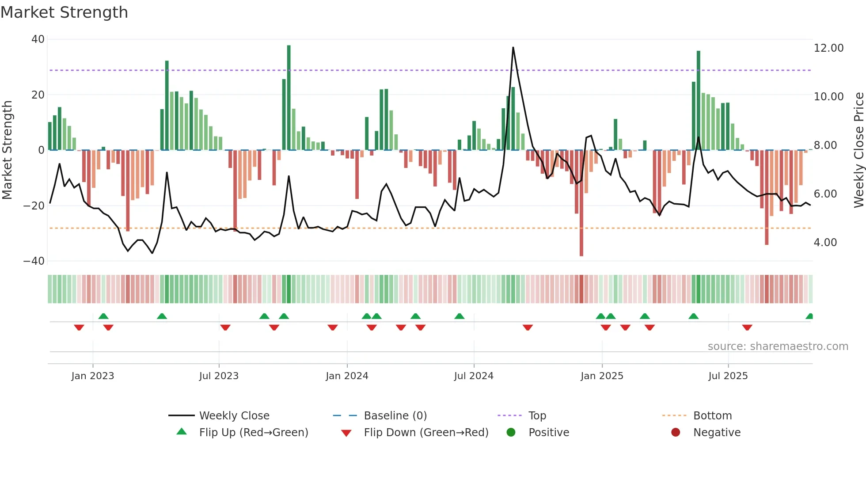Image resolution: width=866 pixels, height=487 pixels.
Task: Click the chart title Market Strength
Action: point(64,12)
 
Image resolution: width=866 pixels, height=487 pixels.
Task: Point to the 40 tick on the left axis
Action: point(38,39)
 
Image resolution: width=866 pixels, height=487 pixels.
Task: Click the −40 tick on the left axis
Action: point(34,261)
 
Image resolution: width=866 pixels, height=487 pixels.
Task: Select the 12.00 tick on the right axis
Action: point(828,48)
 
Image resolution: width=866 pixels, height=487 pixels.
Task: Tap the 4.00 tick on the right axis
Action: point(825,243)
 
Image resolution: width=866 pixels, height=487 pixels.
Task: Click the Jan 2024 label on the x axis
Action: point(347,376)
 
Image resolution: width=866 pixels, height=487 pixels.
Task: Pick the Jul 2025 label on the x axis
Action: point(728,376)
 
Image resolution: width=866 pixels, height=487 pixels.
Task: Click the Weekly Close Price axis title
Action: point(858,150)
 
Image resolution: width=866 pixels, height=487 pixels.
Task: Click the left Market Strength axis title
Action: point(8,150)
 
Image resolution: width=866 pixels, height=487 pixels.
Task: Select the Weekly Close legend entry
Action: point(234,416)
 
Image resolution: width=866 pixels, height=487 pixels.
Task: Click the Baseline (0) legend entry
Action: point(395,416)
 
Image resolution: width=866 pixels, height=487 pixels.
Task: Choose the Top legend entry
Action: point(537,416)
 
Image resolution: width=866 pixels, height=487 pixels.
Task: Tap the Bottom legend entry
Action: point(712,416)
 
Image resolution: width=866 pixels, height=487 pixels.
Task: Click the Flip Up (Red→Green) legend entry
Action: point(253,433)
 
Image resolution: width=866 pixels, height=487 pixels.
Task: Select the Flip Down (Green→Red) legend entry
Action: point(426,433)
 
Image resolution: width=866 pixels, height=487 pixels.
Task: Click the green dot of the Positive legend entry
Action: point(511,433)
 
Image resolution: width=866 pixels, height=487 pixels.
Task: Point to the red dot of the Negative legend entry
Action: point(676,433)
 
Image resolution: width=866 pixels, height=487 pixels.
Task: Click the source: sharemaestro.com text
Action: point(778,346)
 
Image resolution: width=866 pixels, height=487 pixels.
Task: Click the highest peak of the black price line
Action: point(513,48)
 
